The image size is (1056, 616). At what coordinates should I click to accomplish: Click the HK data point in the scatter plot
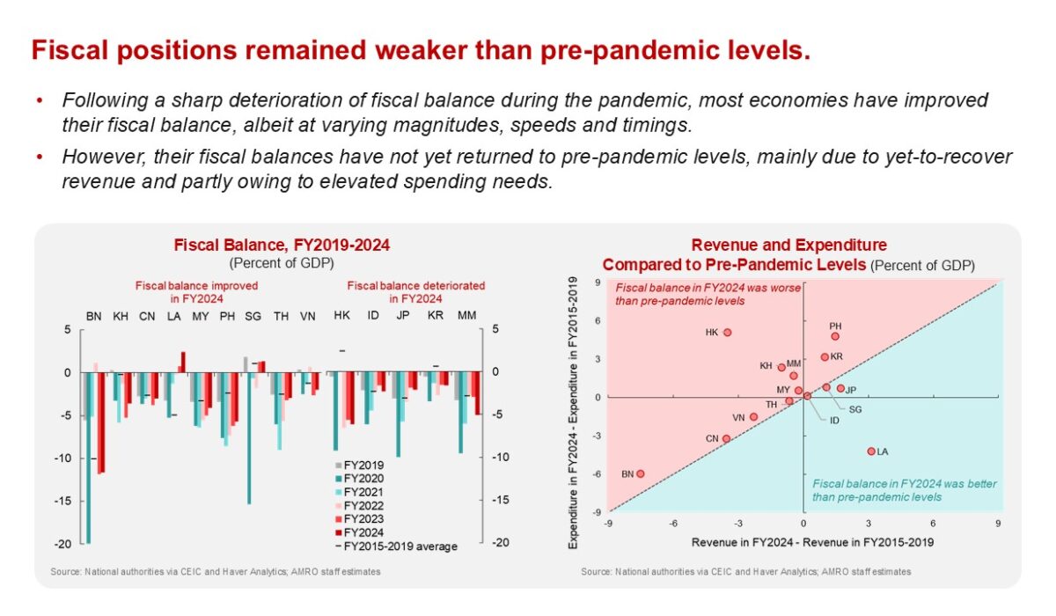728,333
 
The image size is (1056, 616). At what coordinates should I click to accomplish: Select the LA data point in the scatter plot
871,451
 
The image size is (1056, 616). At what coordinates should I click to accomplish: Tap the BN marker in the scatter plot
641,473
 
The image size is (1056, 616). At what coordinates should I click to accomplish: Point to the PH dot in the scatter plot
835,336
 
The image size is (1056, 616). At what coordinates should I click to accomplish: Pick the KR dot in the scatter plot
825,356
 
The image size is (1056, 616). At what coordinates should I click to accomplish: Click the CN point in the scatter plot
726,438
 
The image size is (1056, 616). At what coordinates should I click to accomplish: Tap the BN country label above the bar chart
93,316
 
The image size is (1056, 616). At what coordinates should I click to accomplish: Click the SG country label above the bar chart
253,316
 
